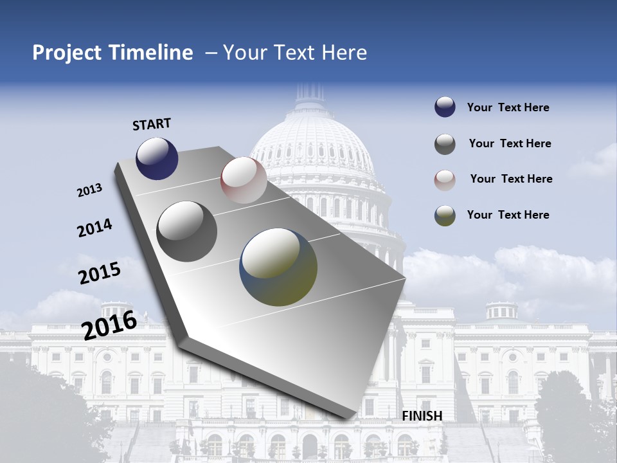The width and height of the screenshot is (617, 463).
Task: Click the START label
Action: (152, 124)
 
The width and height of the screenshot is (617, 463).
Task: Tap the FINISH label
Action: (422, 416)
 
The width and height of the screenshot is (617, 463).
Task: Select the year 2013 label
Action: (90, 190)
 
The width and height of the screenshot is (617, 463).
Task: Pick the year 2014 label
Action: (94, 228)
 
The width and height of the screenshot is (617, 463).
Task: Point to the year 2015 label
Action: (100, 273)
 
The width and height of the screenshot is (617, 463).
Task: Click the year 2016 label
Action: (109, 325)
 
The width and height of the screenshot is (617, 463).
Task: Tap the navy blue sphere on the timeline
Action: (157, 158)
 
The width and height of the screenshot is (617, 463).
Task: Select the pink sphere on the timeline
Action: (244, 180)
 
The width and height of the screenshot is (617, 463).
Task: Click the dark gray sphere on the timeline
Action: (187, 232)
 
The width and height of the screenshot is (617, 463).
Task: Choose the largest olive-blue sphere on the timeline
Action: (278, 266)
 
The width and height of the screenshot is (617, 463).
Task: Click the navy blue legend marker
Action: (445, 107)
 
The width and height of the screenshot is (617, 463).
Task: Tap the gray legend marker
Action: (445, 144)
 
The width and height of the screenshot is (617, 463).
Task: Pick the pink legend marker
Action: (445, 180)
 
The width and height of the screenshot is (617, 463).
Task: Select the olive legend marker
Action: (445, 215)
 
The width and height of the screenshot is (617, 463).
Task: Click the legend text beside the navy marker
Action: (508, 107)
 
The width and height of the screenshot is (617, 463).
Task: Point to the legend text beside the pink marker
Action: (511, 179)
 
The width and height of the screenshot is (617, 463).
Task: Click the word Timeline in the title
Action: (152, 53)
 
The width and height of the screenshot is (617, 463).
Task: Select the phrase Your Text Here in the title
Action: (295, 53)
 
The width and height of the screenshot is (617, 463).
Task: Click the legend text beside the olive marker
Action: (508, 215)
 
